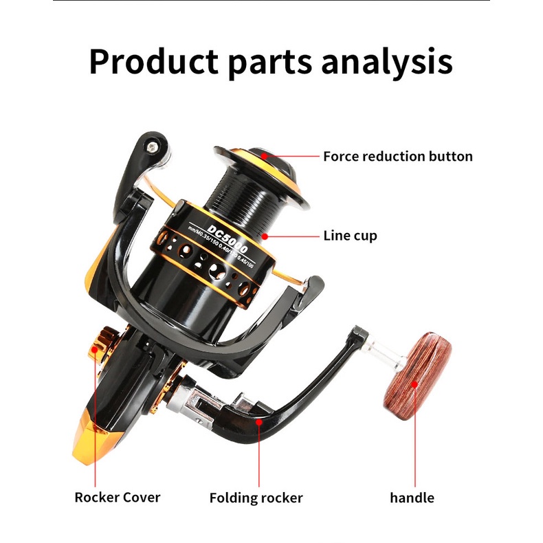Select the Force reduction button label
coord(397,156)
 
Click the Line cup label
coord(350,236)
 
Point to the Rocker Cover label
coord(117,497)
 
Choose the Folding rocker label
coord(256,497)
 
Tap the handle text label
coord(412,497)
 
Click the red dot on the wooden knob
coord(414,386)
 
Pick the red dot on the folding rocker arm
coord(257,420)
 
